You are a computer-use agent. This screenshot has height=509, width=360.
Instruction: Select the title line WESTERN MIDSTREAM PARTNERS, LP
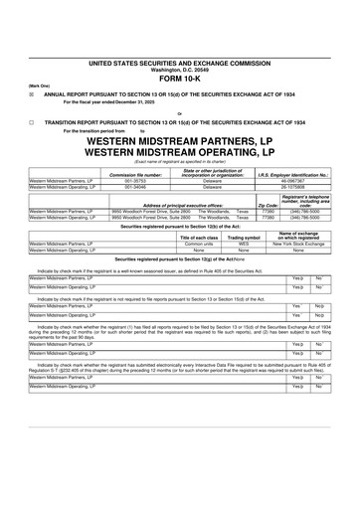pos(180,169)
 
